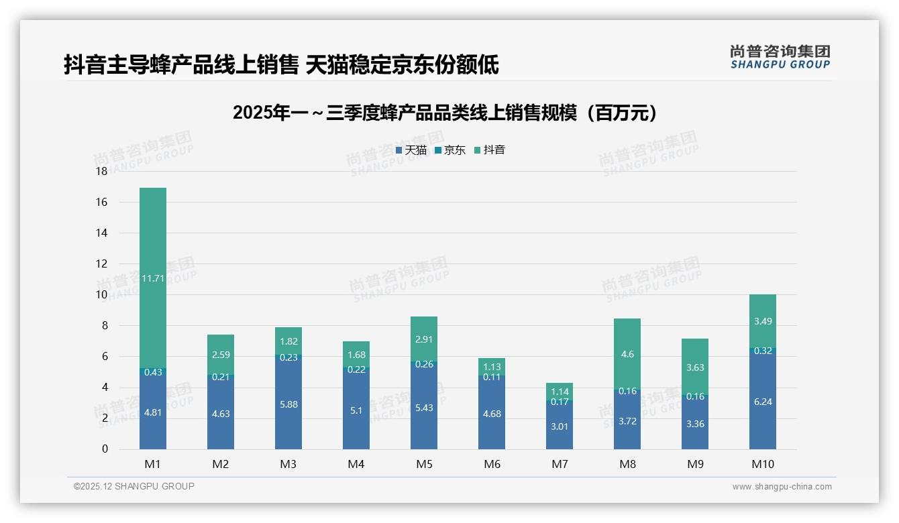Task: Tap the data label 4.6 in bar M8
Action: tap(627, 355)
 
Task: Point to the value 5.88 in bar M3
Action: tap(288, 405)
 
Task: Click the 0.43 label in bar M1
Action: tap(153, 371)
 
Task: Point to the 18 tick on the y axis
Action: tap(101, 172)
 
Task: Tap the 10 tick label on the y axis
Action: tap(101, 295)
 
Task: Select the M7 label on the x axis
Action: tap(560, 464)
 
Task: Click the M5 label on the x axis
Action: tap(424, 464)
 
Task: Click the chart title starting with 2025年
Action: tap(446, 113)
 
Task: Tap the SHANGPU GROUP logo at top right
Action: tap(780, 57)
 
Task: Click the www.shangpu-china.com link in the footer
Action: tap(782, 487)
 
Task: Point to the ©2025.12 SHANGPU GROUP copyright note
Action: tap(134, 487)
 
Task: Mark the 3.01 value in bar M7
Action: tap(560, 426)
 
